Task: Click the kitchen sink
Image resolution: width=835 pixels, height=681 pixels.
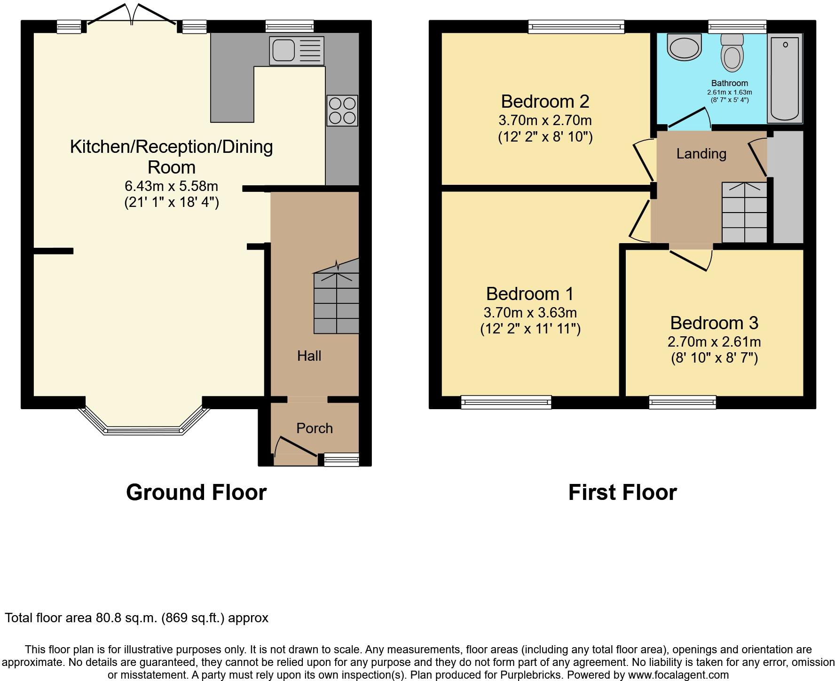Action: tap(297, 51)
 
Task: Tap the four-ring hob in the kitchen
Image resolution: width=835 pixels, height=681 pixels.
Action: tap(342, 111)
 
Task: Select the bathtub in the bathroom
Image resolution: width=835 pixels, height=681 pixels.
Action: tap(785, 79)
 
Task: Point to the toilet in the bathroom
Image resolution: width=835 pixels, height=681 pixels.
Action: tap(732, 52)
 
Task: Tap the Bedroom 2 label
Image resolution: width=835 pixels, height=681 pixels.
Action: tap(545, 101)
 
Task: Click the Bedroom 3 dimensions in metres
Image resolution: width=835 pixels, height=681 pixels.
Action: tap(714, 342)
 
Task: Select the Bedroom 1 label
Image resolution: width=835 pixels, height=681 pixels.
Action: tap(530, 293)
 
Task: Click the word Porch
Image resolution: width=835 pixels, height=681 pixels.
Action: tap(315, 428)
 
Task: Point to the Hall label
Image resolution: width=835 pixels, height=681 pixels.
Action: tap(309, 356)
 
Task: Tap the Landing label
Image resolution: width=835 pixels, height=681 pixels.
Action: tap(701, 154)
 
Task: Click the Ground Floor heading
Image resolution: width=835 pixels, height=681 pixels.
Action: tap(196, 492)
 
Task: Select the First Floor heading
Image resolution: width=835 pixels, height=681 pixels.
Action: tap(622, 492)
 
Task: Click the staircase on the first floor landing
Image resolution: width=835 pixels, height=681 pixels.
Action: tap(744, 212)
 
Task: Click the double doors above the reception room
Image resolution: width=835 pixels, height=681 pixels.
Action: tap(132, 14)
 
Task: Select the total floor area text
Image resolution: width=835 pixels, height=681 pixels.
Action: tap(136, 618)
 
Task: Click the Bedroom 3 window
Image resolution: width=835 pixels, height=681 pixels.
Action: tap(682, 402)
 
